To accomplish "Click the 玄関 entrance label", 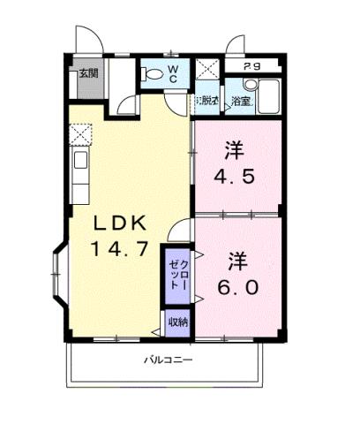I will pos(87,72).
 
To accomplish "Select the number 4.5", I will pos(236,175).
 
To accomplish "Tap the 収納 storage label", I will pos(176,322).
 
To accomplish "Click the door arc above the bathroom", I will pos(236,45).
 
